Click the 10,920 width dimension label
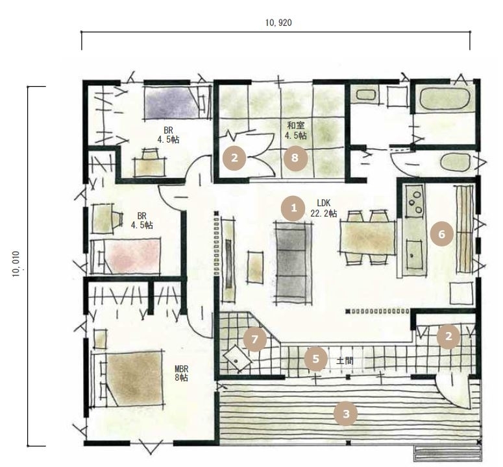278,23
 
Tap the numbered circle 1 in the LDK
293,208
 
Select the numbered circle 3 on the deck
346,414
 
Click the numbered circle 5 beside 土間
316,359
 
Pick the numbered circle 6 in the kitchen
442,234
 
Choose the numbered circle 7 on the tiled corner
255,339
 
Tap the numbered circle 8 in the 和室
295,158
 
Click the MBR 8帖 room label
181,374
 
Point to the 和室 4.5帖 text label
296,130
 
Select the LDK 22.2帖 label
323,208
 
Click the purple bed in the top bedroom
173,102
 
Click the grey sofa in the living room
293,263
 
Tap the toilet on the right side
456,163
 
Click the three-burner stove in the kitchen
415,201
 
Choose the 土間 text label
345,361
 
